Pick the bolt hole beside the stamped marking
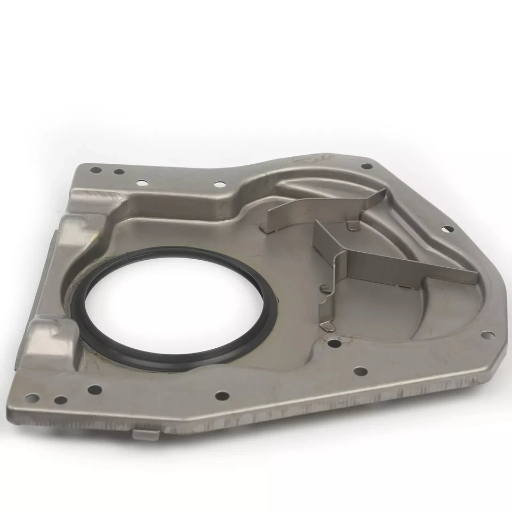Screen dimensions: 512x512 (366, 166)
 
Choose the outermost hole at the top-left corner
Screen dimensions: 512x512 (95, 170)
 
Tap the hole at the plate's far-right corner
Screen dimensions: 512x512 (487, 335)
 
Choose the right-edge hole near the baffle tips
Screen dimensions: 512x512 (448, 229)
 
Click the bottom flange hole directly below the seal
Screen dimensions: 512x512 (222, 395)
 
